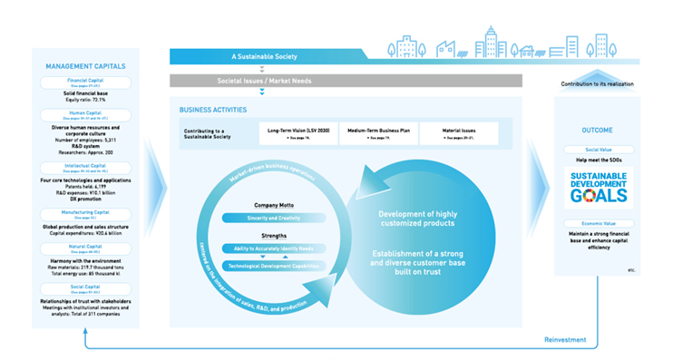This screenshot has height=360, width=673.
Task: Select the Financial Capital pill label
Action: [85, 83]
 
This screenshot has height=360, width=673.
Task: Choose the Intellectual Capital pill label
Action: [85, 168]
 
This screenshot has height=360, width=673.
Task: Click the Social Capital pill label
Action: [85, 287]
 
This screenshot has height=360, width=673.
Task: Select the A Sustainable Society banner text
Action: [260, 56]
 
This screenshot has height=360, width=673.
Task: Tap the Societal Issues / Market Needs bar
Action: [260, 81]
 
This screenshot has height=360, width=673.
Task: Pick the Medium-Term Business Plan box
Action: [374, 132]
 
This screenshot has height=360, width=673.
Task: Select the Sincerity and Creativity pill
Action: [259, 219]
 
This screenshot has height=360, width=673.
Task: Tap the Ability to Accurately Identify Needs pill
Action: [259, 248]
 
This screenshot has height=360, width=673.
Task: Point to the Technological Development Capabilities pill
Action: [259, 266]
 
